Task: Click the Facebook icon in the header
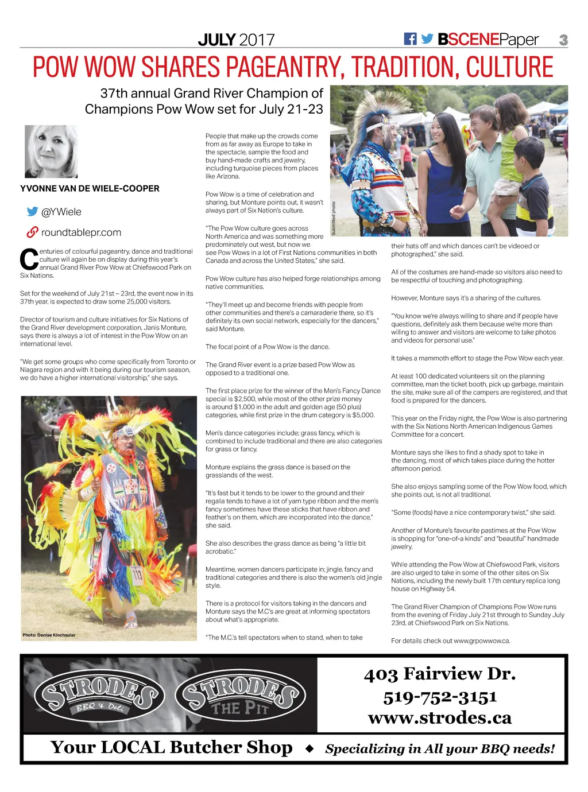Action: pyautogui.click(x=410, y=39)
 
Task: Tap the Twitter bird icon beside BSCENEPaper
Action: pyautogui.click(x=427, y=39)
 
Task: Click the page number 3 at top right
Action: pyautogui.click(x=563, y=40)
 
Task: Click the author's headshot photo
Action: pyautogui.click(x=51, y=152)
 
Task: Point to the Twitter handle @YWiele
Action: pyautogui.click(x=61, y=212)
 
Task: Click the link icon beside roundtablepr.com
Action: pyautogui.click(x=32, y=232)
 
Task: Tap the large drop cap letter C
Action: pyautogui.click(x=29, y=259)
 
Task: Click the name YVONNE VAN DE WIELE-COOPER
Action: pyautogui.click(x=90, y=188)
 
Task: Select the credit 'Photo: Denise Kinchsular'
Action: pyautogui.click(x=49, y=635)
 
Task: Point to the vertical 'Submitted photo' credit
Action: pyautogui.click(x=334, y=219)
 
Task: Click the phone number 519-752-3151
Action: pyautogui.click(x=440, y=697)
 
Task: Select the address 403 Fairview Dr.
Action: pyautogui.click(x=440, y=674)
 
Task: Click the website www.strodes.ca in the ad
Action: pyautogui.click(x=440, y=718)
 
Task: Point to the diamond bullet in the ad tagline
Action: pyautogui.click(x=310, y=748)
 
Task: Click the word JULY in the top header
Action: pyautogui.click(x=216, y=40)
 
